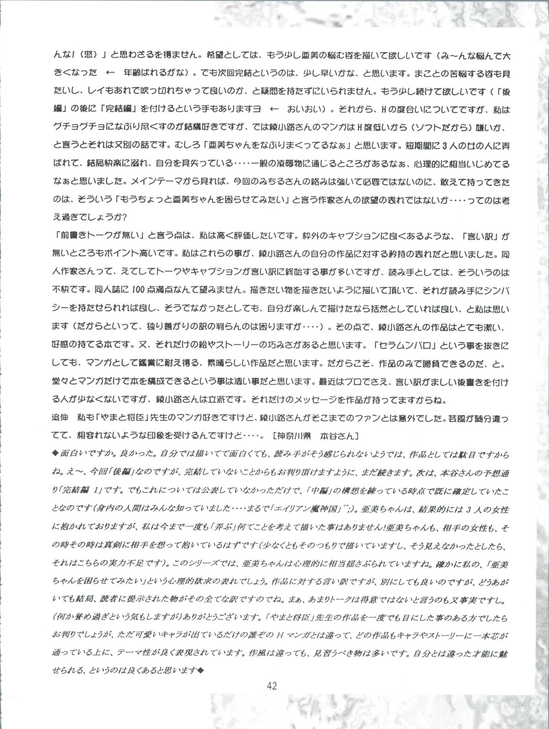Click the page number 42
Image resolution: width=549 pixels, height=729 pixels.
[x=271, y=685]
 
